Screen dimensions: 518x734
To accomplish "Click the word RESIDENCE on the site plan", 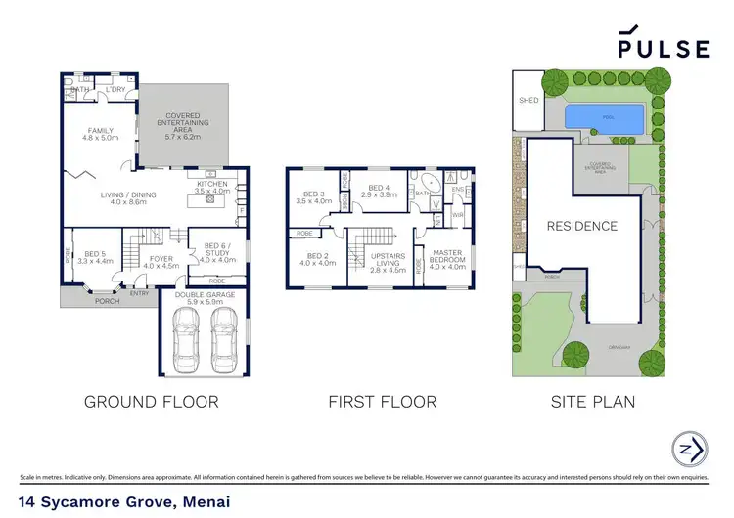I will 581,226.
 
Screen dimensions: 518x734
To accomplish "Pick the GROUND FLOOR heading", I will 151,401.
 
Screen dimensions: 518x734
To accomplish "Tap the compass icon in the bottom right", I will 692,451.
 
